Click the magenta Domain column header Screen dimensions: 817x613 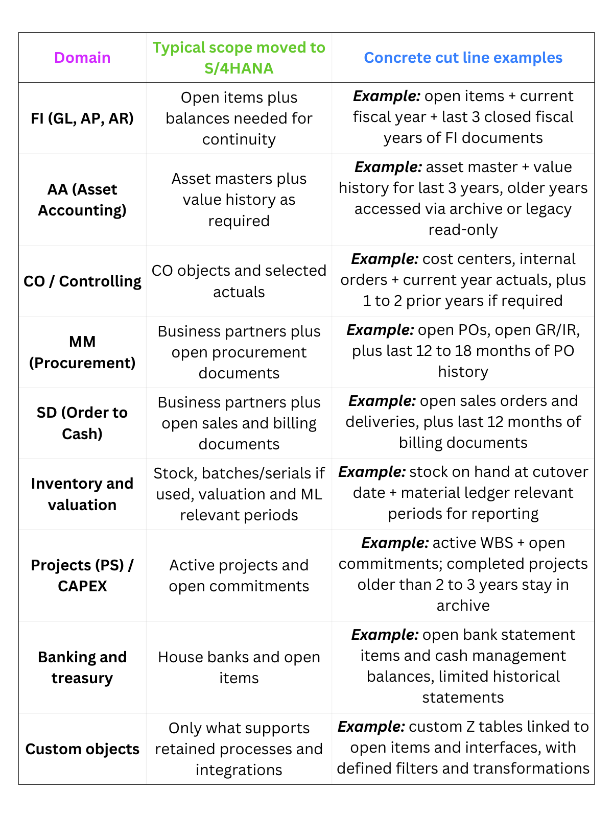(82, 58)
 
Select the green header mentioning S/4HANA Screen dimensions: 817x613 (239, 58)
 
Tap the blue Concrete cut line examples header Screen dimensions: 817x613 (463, 58)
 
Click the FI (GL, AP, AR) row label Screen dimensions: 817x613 (82, 118)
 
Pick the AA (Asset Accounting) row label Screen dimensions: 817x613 (82, 200)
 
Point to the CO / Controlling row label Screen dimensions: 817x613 (82, 281)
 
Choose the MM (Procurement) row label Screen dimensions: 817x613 (82, 352)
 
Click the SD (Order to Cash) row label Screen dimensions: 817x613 (82, 423)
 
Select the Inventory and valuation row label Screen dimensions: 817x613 (82, 494)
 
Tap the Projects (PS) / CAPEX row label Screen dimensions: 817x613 (82, 575)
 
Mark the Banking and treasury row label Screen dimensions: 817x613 (82, 667)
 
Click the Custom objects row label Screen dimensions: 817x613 (82, 749)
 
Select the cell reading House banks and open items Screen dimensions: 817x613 (239, 667)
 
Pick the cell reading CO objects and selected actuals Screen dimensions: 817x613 (239, 281)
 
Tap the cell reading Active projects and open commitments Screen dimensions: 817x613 (239, 575)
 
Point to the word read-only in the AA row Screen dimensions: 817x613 (463, 230)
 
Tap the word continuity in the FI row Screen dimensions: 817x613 (239, 139)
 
